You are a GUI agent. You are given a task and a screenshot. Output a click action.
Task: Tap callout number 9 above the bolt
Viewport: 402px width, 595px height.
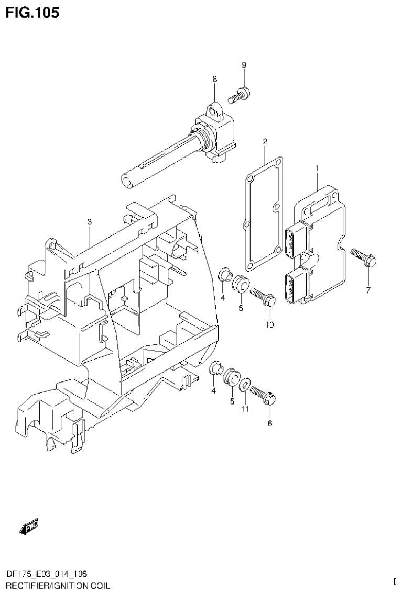tap(244, 65)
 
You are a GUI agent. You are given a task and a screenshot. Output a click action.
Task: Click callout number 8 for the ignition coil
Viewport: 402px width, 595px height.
tap(215, 79)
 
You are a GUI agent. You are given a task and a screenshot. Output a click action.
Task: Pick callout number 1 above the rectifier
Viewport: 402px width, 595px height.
tap(317, 167)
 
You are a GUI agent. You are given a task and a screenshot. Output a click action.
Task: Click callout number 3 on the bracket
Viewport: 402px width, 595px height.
tap(90, 222)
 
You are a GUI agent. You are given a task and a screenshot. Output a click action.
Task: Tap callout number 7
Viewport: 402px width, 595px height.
tap(368, 290)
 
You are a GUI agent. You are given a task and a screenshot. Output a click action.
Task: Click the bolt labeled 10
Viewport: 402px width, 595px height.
tap(263, 297)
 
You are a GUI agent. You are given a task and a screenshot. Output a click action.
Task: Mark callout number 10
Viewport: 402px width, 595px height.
tap(269, 325)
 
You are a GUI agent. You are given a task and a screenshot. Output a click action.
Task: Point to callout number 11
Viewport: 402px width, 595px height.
tap(245, 409)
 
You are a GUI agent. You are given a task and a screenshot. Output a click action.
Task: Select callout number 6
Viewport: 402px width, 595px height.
tap(270, 423)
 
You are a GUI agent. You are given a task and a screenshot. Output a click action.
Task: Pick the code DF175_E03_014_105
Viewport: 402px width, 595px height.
tap(47, 575)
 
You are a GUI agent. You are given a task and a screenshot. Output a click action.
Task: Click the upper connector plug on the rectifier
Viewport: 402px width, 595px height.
tap(294, 242)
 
